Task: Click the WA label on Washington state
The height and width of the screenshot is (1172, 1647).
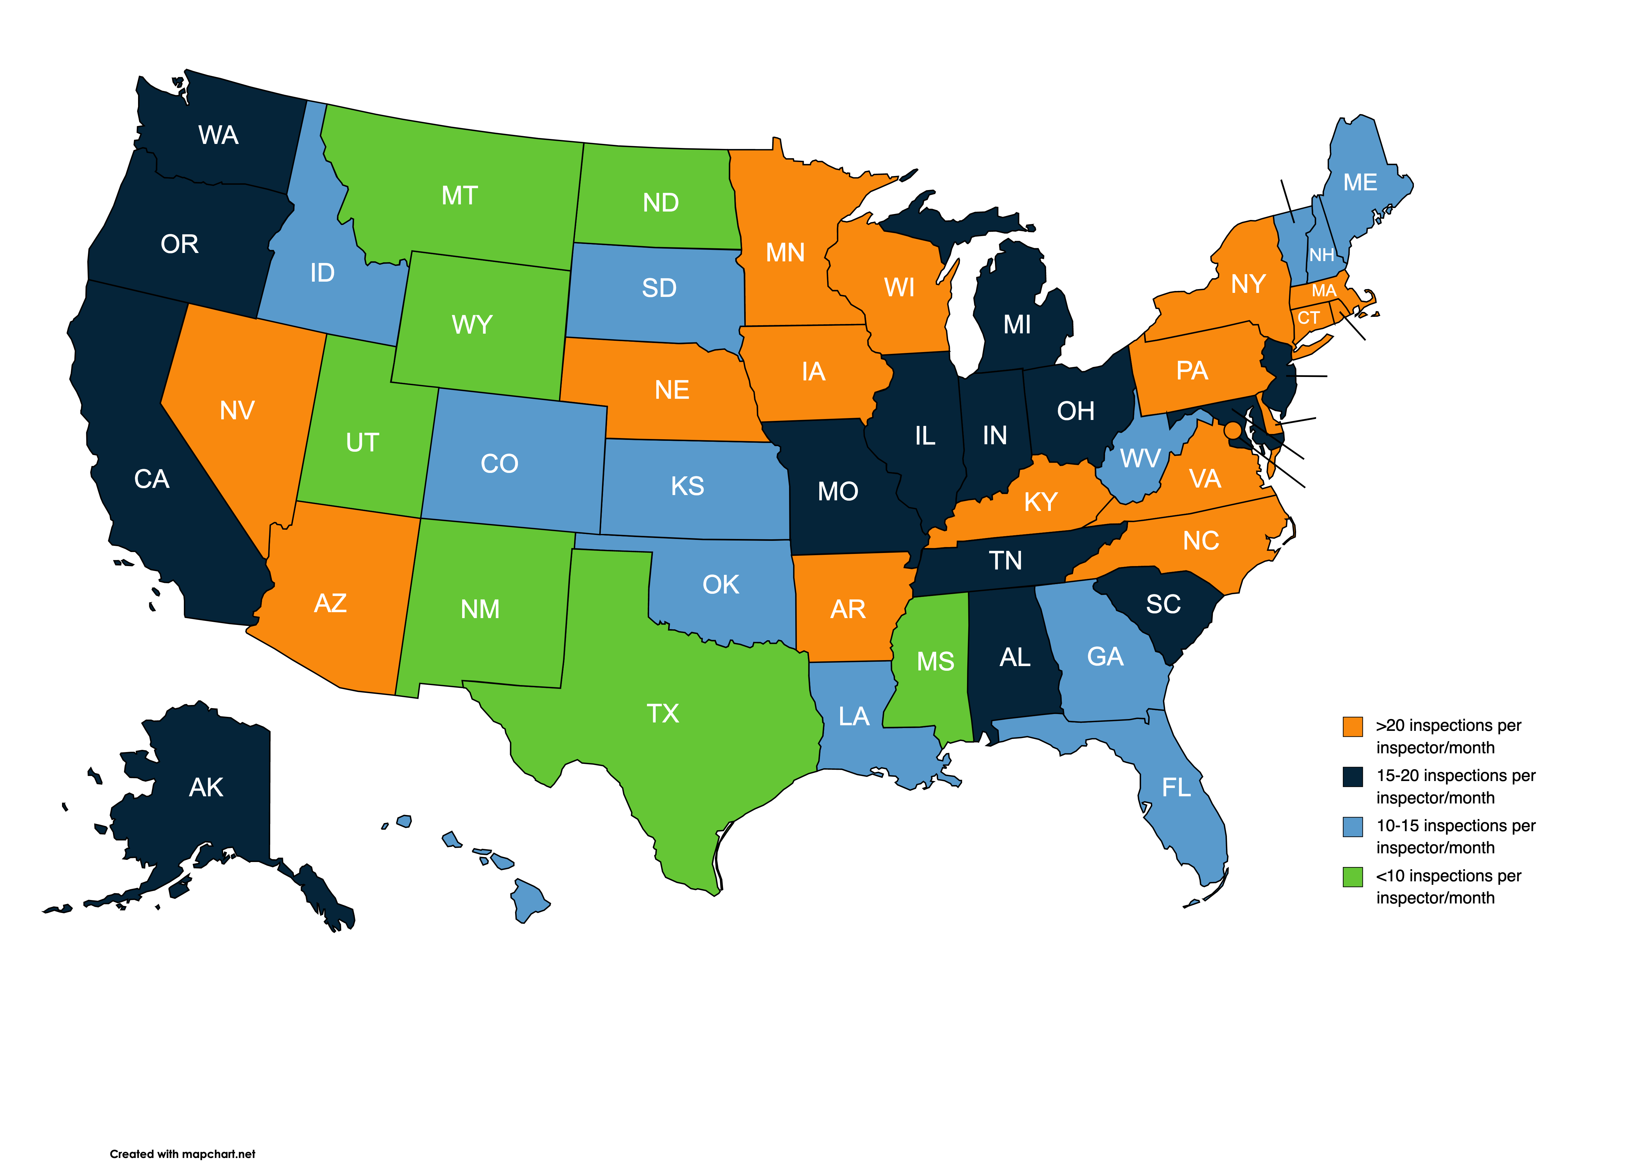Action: coord(218,135)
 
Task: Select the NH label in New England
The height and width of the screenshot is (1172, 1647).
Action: coord(1322,255)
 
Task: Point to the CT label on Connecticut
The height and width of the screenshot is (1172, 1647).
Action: coord(1309,317)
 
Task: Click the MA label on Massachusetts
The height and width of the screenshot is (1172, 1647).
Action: coord(1324,291)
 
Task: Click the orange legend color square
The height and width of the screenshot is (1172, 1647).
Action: coord(1353,727)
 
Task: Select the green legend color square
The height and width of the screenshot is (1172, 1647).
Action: coord(1353,877)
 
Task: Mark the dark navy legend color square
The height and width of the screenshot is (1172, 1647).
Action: coord(1353,777)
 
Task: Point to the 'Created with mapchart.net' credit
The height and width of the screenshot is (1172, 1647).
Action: coord(183,1154)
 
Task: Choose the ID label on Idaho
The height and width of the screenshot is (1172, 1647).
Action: coord(322,273)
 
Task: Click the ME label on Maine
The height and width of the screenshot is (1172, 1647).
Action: coord(1360,183)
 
